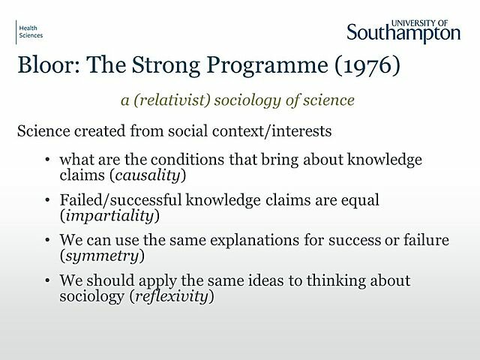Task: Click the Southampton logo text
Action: (403, 31)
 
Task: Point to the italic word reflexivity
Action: (178, 296)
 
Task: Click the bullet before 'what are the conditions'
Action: (48, 160)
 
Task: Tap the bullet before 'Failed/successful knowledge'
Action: (48, 201)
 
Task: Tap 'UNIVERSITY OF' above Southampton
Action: (428, 16)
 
